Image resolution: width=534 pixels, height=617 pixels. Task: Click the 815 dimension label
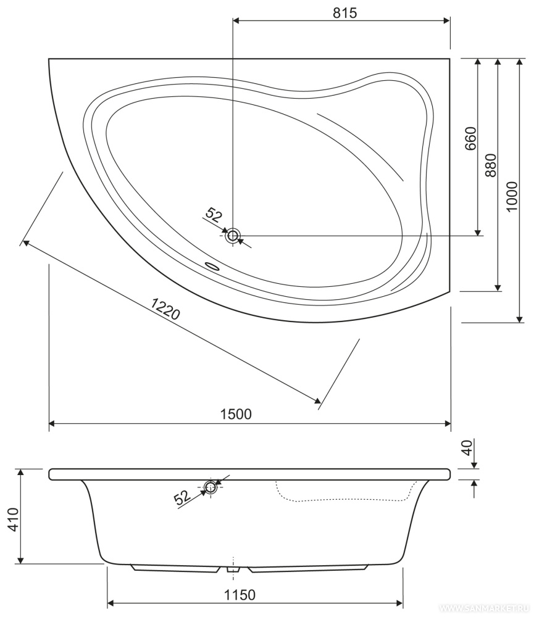(344, 13)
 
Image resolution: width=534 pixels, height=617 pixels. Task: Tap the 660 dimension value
(470, 138)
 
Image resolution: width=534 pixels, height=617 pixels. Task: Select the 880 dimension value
(491, 165)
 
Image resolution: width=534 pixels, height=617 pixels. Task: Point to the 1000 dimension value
(512, 196)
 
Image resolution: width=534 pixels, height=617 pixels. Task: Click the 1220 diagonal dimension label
(165, 308)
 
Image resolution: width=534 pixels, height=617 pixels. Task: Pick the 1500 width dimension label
(235, 414)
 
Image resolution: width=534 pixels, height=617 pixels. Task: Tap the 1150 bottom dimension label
(240, 595)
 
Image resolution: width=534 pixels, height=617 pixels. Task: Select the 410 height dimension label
(14, 520)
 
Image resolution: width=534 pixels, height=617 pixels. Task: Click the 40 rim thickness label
(467, 447)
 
